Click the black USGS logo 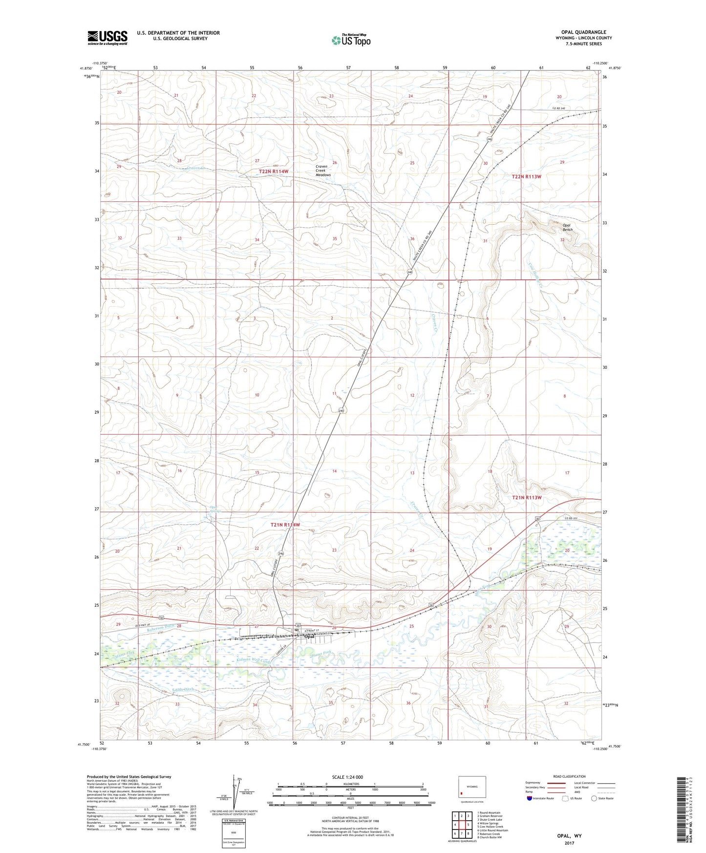coord(107,38)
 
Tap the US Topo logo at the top coord(351,40)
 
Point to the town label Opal coord(309,637)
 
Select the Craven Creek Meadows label coord(323,171)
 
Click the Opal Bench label coord(567,227)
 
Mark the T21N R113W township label coord(527,497)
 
